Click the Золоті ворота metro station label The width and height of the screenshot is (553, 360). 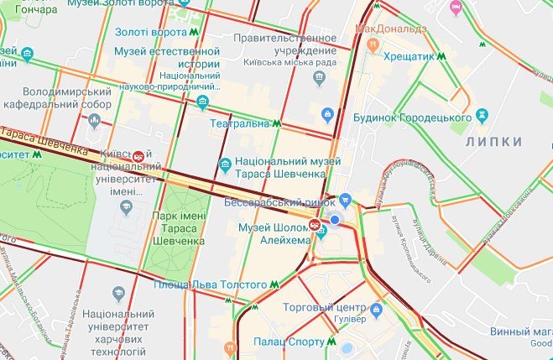pos(151,32)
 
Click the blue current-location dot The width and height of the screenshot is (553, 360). pos(335,219)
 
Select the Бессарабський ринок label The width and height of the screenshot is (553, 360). pos(279,202)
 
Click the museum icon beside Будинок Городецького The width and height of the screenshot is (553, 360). pos(482,114)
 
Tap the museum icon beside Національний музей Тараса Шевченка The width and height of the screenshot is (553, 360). pos(224,164)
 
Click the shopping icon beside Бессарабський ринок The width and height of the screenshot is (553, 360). pos(345,201)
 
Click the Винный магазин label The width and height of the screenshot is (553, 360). pos(520,331)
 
